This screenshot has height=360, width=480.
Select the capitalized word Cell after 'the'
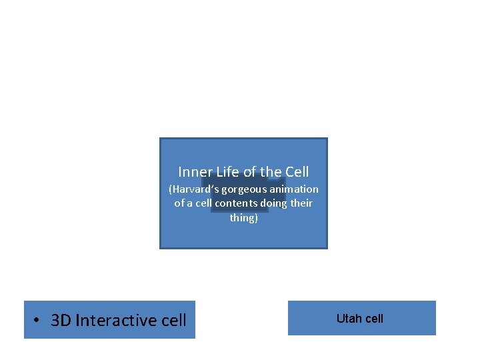(x=297, y=172)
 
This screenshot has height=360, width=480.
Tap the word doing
(x=274, y=203)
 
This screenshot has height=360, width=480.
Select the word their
(x=301, y=203)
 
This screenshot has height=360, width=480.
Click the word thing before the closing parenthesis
(x=243, y=218)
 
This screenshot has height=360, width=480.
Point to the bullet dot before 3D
(x=39, y=321)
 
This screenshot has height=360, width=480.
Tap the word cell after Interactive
(x=174, y=321)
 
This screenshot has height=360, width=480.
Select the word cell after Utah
(x=373, y=319)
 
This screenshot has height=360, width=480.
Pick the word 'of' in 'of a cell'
(x=180, y=203)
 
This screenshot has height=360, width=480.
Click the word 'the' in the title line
(x=271, y=172)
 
